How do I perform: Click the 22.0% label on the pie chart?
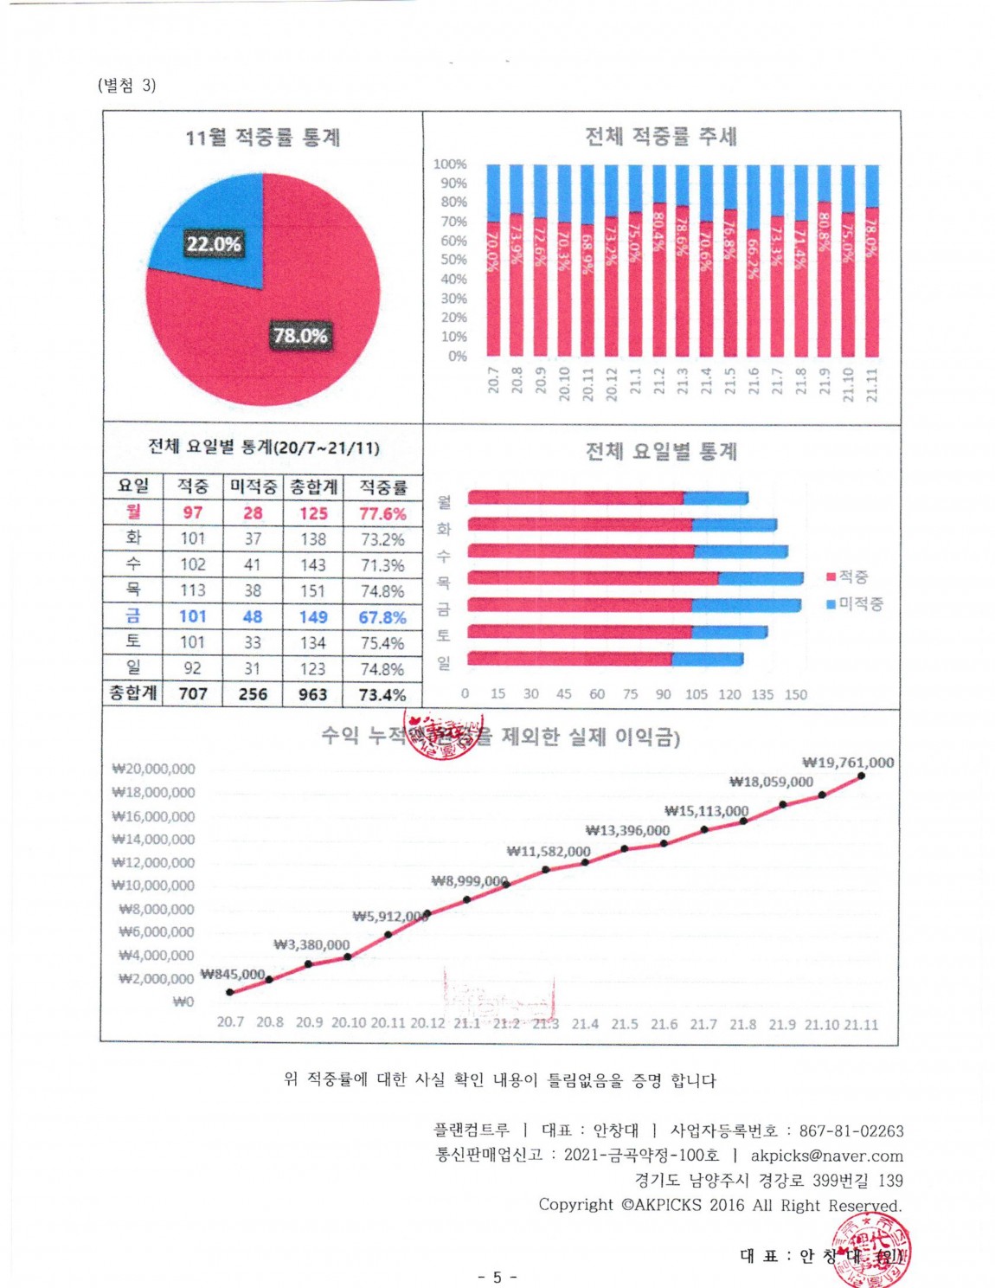(214, 244)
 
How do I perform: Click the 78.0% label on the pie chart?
(300, 336)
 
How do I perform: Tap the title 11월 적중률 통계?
(262, 138)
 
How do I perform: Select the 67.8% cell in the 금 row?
(382, 617)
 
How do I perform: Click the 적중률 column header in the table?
(382, 486)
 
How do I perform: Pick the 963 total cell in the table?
(312, 694)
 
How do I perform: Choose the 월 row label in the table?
(133, 512)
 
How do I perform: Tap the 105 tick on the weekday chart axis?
(696, 694)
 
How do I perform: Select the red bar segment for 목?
(593, 578)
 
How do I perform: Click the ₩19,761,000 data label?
(848, 763)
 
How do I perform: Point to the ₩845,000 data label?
(232, 974)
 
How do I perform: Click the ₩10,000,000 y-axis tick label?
(153, 885)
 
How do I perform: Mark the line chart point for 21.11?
(861, 776)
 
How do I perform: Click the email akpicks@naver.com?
(826, 1156)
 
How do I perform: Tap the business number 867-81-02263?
(851, 1130)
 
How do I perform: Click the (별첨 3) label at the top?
(127, 85)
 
